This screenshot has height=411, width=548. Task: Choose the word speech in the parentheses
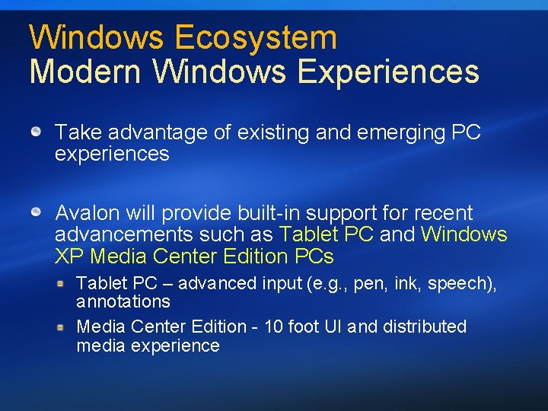click(457, 284)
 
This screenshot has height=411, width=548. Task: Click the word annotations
click(123, 302)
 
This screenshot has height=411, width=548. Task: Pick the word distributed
click(425, 327)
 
